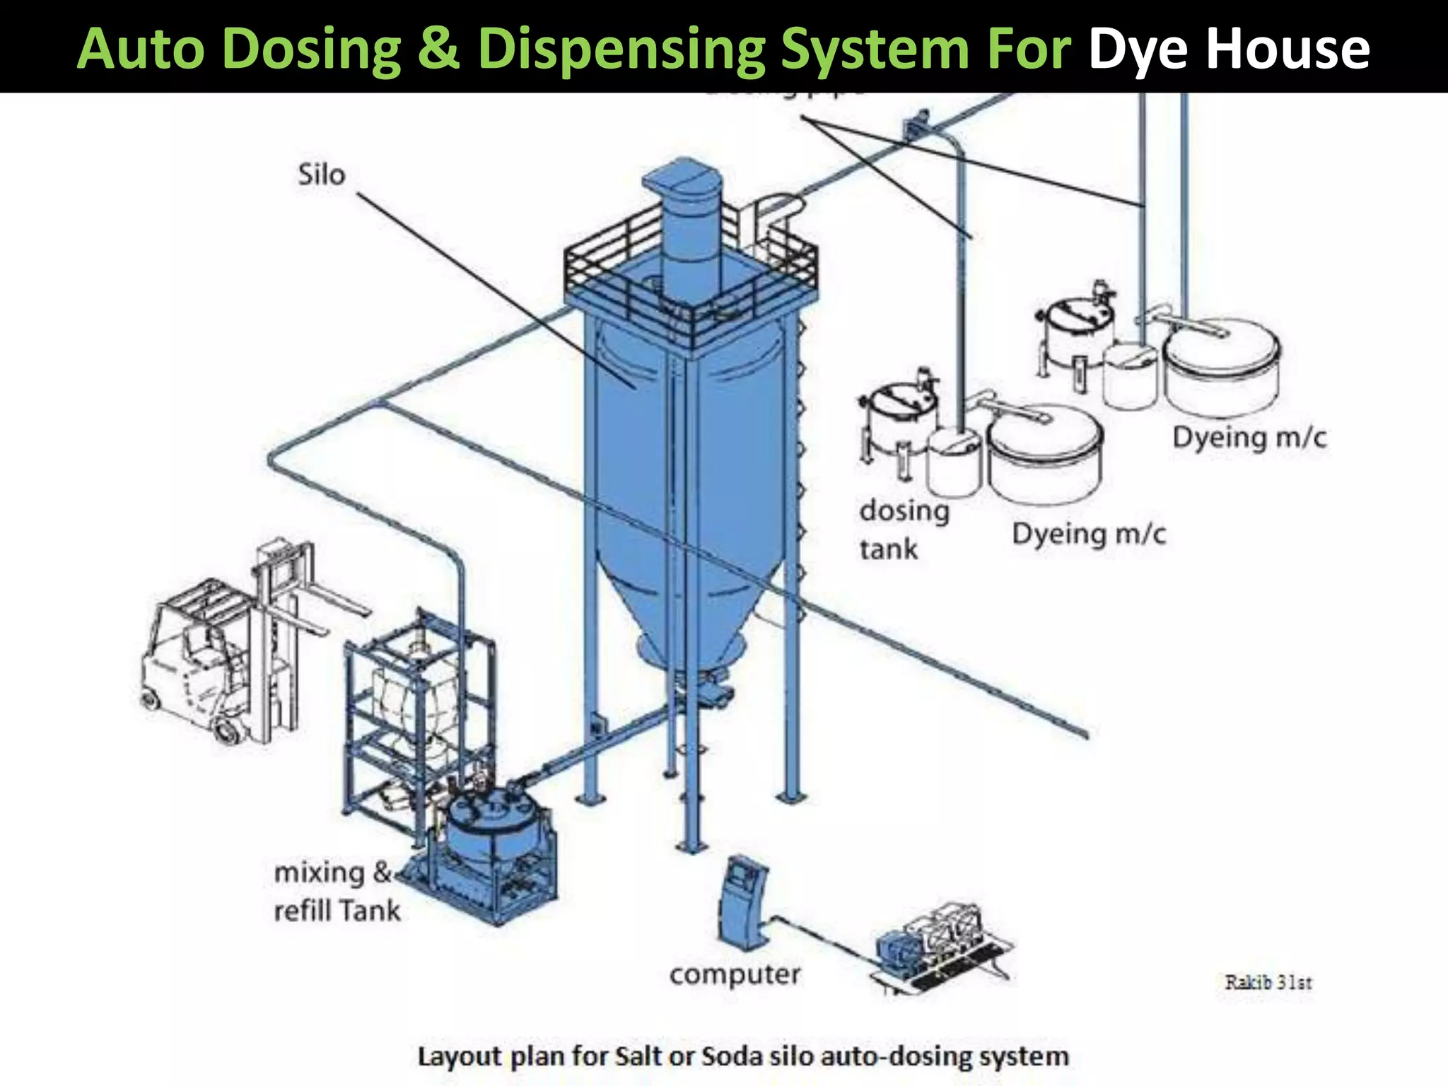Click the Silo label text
(321, 175)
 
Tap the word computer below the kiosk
(735, 975)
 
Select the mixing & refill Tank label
(337, 892)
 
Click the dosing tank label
(903, 529)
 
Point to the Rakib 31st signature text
(1268, 982)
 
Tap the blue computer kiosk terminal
(742, 901)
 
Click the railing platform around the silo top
(689, 283)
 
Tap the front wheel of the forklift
(228, 729)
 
